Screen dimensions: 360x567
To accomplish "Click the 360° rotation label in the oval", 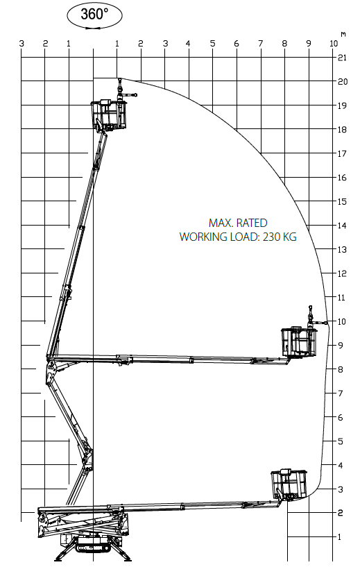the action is click(94, 14).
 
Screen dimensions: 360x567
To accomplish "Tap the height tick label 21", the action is click(342, 58).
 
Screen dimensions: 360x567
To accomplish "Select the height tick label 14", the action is click(342, 226).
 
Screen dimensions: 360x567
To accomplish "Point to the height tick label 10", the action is click(342, 321).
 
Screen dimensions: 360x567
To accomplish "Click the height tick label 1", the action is click(339, 537).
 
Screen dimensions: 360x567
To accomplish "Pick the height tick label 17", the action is click(342, 153).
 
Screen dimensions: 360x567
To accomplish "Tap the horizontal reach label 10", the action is click(334, 44).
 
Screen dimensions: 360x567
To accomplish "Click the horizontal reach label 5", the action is click(212, 44).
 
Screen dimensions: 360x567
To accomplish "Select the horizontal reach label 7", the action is click(261, 44).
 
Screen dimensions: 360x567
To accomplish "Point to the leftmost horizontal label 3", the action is click(22, 44).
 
